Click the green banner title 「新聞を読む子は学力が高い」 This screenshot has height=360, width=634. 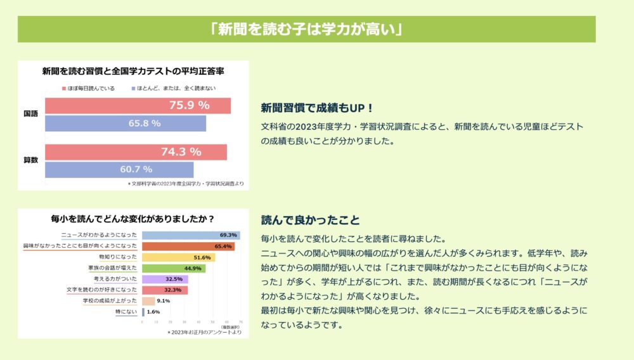coord(306,29)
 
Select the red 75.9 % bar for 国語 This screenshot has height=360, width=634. coord(138,105)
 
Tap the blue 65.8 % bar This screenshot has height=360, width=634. coord(125,123)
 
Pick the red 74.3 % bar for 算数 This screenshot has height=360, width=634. coord(136,152)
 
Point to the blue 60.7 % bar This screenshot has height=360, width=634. coord(119,169)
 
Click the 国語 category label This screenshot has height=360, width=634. coord(30,114)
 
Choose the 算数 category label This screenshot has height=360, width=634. coord(30,160)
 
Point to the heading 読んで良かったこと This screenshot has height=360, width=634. coord(311,220)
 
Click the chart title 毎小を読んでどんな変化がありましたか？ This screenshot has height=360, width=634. coord(132,220)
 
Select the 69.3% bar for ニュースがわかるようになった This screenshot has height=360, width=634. coord(190,235)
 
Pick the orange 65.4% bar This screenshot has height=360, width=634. coord(188,246)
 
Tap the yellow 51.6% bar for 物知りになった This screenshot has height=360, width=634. coord(178,257)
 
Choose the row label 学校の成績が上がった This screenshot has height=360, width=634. coord(110,301)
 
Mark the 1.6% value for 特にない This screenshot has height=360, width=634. coord(153,312)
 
